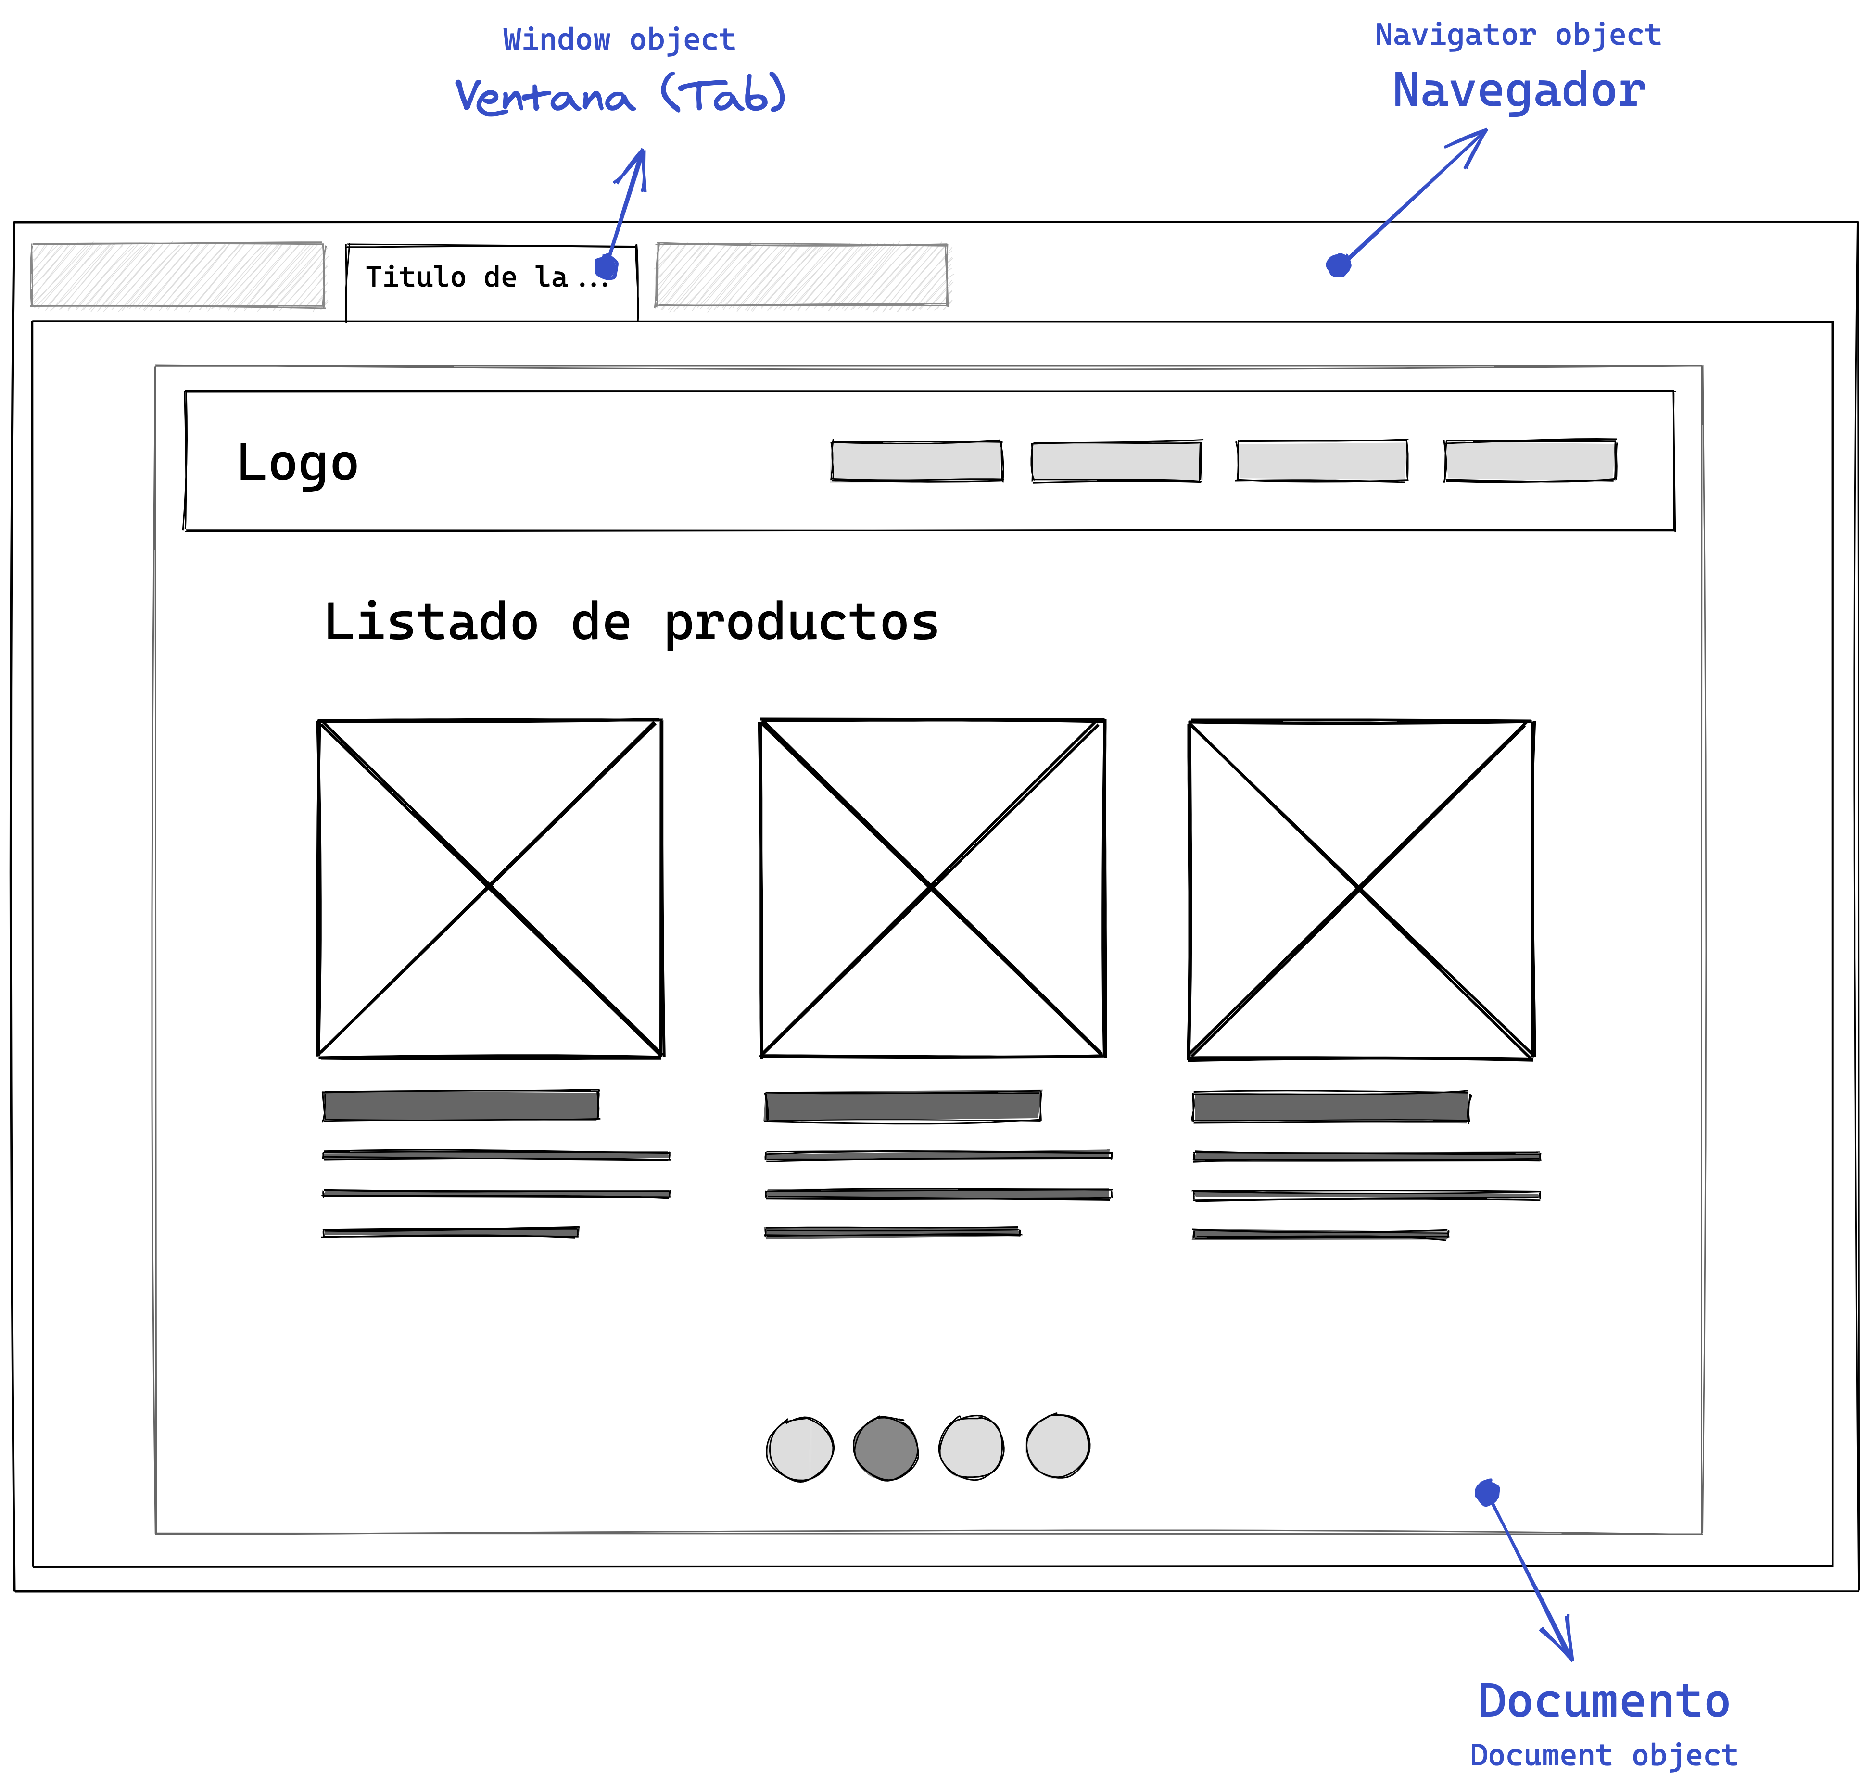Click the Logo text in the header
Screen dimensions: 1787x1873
297,464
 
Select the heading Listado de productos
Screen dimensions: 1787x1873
631,623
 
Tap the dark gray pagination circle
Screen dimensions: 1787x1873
885,1448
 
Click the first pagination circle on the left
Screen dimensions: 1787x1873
800,1449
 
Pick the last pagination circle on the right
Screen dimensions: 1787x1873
1058,1446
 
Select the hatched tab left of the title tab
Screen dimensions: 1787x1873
177,275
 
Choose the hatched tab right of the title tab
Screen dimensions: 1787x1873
801,275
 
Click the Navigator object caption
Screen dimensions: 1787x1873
1518,35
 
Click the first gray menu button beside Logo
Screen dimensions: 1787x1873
916,461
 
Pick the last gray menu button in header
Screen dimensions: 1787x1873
1530,461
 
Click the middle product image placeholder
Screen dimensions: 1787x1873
933,888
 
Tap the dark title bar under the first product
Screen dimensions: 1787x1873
461,1105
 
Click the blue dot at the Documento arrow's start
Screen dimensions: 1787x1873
1487,1493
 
